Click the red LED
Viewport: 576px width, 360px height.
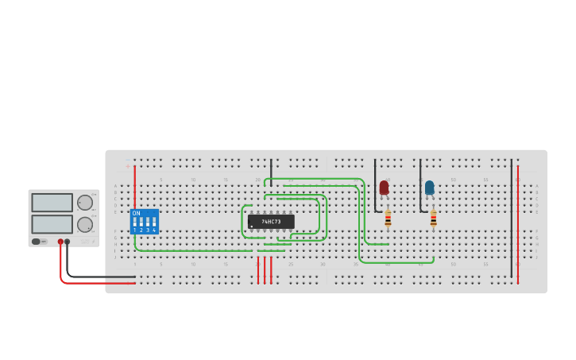point(384,188)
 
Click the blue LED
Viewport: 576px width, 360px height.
point(429,188)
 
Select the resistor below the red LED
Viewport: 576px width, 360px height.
point(388,218)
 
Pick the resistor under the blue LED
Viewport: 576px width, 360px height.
point(433,218)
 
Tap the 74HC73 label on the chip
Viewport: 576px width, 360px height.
point(271,222)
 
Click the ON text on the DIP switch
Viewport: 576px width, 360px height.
point(136,213)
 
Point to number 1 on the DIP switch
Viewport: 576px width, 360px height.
point(135,230)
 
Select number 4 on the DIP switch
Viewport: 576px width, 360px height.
point(154,230)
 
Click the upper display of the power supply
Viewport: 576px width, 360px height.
point(52,203)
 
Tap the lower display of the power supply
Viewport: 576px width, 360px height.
point(52,224)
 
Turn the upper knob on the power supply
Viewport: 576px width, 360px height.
point(85,203)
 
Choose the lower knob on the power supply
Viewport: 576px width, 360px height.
point(85,224)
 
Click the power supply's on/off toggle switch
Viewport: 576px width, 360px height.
point(37,242)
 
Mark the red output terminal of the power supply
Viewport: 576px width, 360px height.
point(60,242)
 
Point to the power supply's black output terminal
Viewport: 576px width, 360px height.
point(68,242)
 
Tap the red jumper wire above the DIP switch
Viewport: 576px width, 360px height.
point(135,187)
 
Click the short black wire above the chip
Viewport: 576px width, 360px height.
point(271,172)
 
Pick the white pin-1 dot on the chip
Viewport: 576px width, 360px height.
point(252,226)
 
